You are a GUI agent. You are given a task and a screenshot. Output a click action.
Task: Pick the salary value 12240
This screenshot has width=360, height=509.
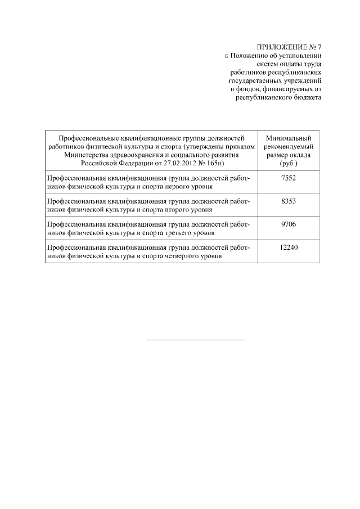coord(288,247)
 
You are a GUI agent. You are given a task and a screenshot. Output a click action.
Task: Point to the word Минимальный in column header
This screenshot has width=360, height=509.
coord(288,138)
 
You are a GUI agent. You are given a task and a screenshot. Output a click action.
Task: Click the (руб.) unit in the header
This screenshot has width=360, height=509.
coord(288,163)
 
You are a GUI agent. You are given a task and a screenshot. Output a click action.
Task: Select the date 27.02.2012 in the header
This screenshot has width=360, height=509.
coord(178,163)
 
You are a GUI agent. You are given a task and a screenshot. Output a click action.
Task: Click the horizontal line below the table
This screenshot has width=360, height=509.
coord(195,340)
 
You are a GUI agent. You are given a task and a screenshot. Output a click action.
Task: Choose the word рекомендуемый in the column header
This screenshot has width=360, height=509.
coord(288,146)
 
